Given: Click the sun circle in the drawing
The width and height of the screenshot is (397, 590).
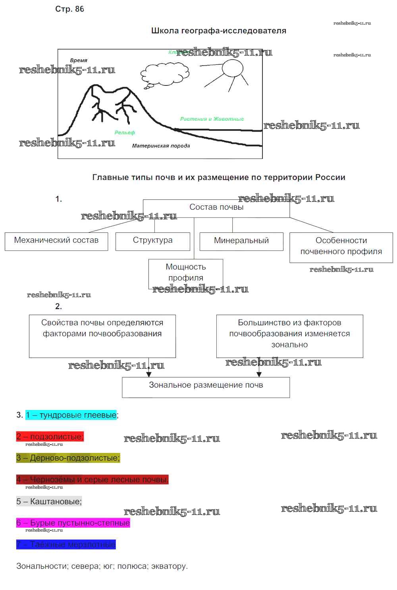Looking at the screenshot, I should (x=232, y=68).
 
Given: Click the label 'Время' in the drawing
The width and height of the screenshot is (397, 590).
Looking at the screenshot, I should (x=79, y=60).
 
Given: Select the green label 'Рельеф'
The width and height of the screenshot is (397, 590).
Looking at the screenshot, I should (x=125, y=133).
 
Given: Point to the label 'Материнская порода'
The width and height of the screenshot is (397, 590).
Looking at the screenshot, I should (x=161, y=146).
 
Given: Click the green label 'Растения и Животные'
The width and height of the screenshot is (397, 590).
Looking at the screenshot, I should (x=212, y=119).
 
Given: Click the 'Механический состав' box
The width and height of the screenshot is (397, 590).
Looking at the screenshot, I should (x=56, y=241).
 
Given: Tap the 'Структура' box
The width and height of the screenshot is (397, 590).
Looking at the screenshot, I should (x=153, y=241).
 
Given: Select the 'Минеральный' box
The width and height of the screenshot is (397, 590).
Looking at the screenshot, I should (x=241, y=241).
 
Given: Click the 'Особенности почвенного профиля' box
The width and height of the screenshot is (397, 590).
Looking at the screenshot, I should (x=341, y=247).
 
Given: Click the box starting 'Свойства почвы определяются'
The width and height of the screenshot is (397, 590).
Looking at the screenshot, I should (x=102, y=336).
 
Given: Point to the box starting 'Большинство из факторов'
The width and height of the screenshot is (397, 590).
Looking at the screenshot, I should (x=289, y=336).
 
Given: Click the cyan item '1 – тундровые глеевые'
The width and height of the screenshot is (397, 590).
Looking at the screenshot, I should (x=71, y=415).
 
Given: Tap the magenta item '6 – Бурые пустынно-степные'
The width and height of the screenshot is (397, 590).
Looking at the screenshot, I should (x=73, y=523).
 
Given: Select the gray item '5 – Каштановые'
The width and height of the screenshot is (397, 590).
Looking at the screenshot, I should (x=49, y=501).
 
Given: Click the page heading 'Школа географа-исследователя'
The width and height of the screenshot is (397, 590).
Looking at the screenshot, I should (x=219, y=31).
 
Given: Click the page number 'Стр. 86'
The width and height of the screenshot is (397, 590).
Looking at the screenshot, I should (x=69, y=9).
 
